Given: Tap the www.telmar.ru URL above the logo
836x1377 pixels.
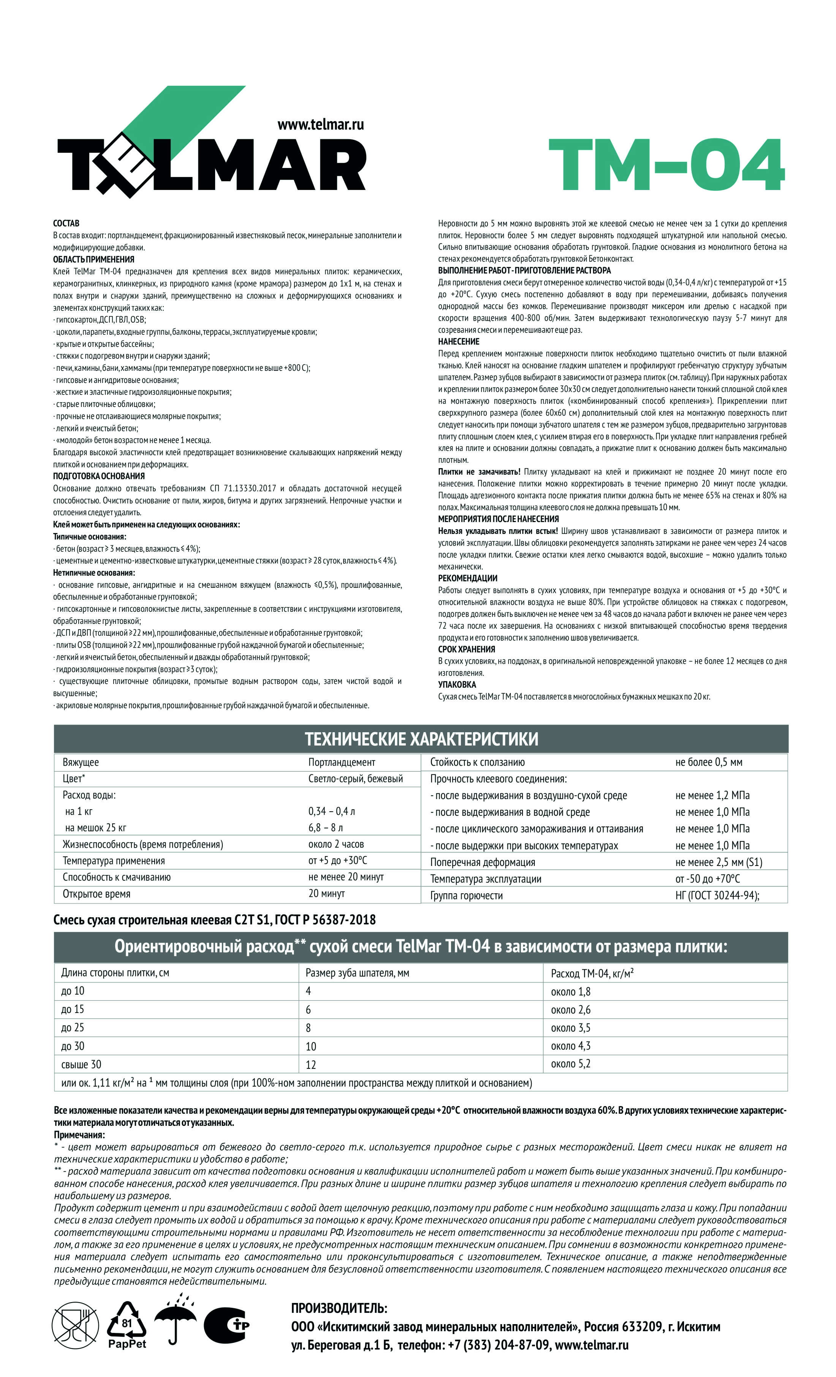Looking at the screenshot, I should click(320, 125).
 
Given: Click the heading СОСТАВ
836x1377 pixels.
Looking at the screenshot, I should click(66, 223).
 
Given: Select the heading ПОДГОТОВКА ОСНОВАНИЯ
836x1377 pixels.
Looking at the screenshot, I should click(98, 476).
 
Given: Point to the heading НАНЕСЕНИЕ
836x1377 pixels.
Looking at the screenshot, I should click(458, 342).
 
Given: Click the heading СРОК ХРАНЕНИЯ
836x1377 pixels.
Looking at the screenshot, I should click(466, 649).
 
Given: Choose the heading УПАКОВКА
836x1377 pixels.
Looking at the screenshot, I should click(456, 685).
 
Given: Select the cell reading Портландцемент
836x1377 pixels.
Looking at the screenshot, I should click(342, 762).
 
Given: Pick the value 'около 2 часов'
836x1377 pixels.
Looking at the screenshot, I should click(336, 844).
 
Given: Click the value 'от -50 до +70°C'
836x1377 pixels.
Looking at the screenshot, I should click(707, 878).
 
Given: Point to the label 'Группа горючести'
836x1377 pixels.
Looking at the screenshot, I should click(466, 895).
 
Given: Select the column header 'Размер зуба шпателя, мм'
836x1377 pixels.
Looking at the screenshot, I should click(357, 973).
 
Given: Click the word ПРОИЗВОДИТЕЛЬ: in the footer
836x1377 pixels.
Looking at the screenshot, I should click(339, 1308).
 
